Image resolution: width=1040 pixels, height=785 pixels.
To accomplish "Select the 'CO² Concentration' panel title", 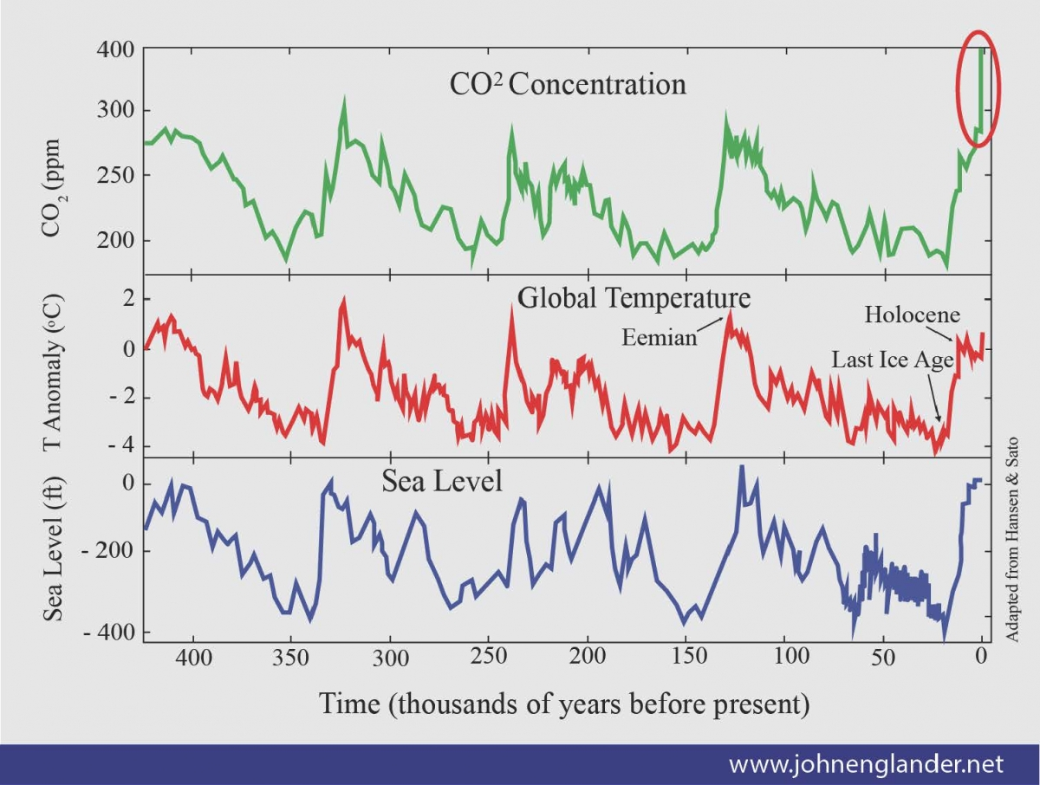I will (x=568, y=84).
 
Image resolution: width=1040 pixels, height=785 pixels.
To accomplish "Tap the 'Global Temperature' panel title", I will (x=634, y=297).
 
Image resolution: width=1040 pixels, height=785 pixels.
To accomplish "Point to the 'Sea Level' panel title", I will (x=442, y=481).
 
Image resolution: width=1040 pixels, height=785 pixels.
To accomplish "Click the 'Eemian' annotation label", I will (x=660, y=338).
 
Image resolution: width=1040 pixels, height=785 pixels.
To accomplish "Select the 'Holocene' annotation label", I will (x=913, y=315).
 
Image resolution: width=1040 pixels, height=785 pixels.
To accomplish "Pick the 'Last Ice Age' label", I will (x=892, y=360).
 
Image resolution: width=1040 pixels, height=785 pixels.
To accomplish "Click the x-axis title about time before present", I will (x=564, y=703).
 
